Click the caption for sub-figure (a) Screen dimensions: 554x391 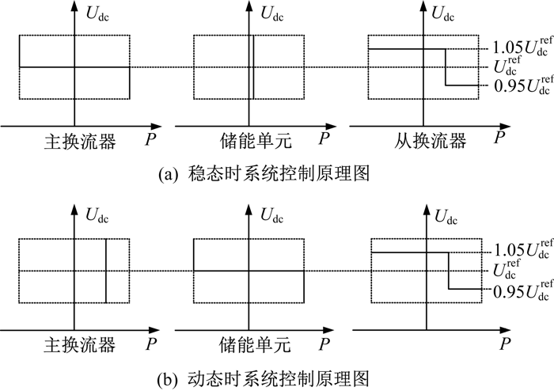tap(264, 174)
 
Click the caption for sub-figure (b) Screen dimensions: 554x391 tap(264, 378)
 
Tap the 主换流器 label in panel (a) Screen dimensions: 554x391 tap(80, 142)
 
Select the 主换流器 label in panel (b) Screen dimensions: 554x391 tap(79, 345)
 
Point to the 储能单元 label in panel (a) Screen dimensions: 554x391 tap(256, 141)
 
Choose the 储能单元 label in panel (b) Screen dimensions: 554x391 tap(255, 345)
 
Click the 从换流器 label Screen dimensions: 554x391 tap(430, 141)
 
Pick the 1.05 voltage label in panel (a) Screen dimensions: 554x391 tap(522, 47)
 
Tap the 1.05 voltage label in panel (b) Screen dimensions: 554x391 tap(523, 249)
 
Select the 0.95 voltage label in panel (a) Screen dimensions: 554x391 tap(523, 85)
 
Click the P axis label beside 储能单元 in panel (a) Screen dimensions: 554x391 tap(324, 138)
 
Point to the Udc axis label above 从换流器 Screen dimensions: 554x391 tap(443, 13)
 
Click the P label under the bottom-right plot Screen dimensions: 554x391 tap(505, 344)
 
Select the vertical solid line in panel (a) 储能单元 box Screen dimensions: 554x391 tap(253, 67)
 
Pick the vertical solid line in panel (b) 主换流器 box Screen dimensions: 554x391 tap(106, 271)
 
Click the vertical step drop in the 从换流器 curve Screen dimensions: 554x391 tap(445, 67)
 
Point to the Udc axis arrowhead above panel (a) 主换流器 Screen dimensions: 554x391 tap(74, 6)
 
